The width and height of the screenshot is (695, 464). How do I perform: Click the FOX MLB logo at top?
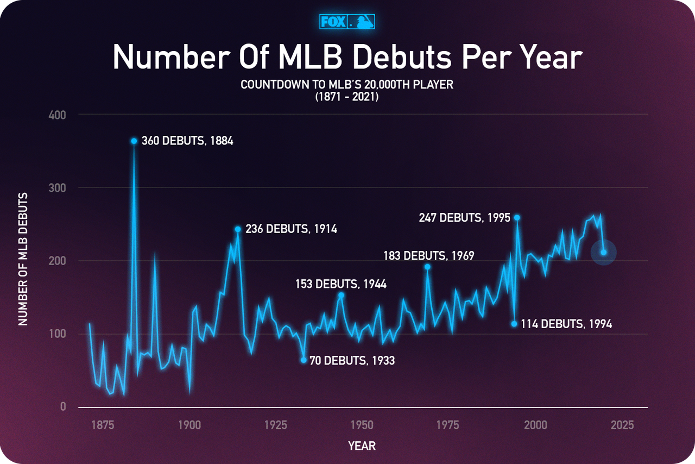coord(347,22)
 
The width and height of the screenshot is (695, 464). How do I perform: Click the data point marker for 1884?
coord(134,141)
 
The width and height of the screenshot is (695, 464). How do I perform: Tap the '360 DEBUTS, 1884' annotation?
coord(187,141)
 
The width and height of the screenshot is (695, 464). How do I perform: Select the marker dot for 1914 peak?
coord(238,229)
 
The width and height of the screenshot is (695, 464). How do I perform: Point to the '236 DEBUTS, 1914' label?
coord(291,229)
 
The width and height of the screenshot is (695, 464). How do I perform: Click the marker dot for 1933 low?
coord(304,360)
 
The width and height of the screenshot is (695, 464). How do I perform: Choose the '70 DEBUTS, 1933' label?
coord(352,360)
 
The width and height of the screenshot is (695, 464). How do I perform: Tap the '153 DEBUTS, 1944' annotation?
coord(340,284)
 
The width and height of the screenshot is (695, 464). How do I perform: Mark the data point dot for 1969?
coord(427,266)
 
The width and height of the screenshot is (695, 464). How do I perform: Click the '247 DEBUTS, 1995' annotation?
coord(464,218)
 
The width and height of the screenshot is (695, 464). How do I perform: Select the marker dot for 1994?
coord(514,324)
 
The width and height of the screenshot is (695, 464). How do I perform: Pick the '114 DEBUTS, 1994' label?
coord(566,324)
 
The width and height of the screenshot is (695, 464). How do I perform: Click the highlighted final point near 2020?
coord(603,252)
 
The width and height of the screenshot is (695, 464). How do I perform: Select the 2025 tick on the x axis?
coord(622,425)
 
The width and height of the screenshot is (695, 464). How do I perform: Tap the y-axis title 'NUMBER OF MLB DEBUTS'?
coord(23,259)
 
